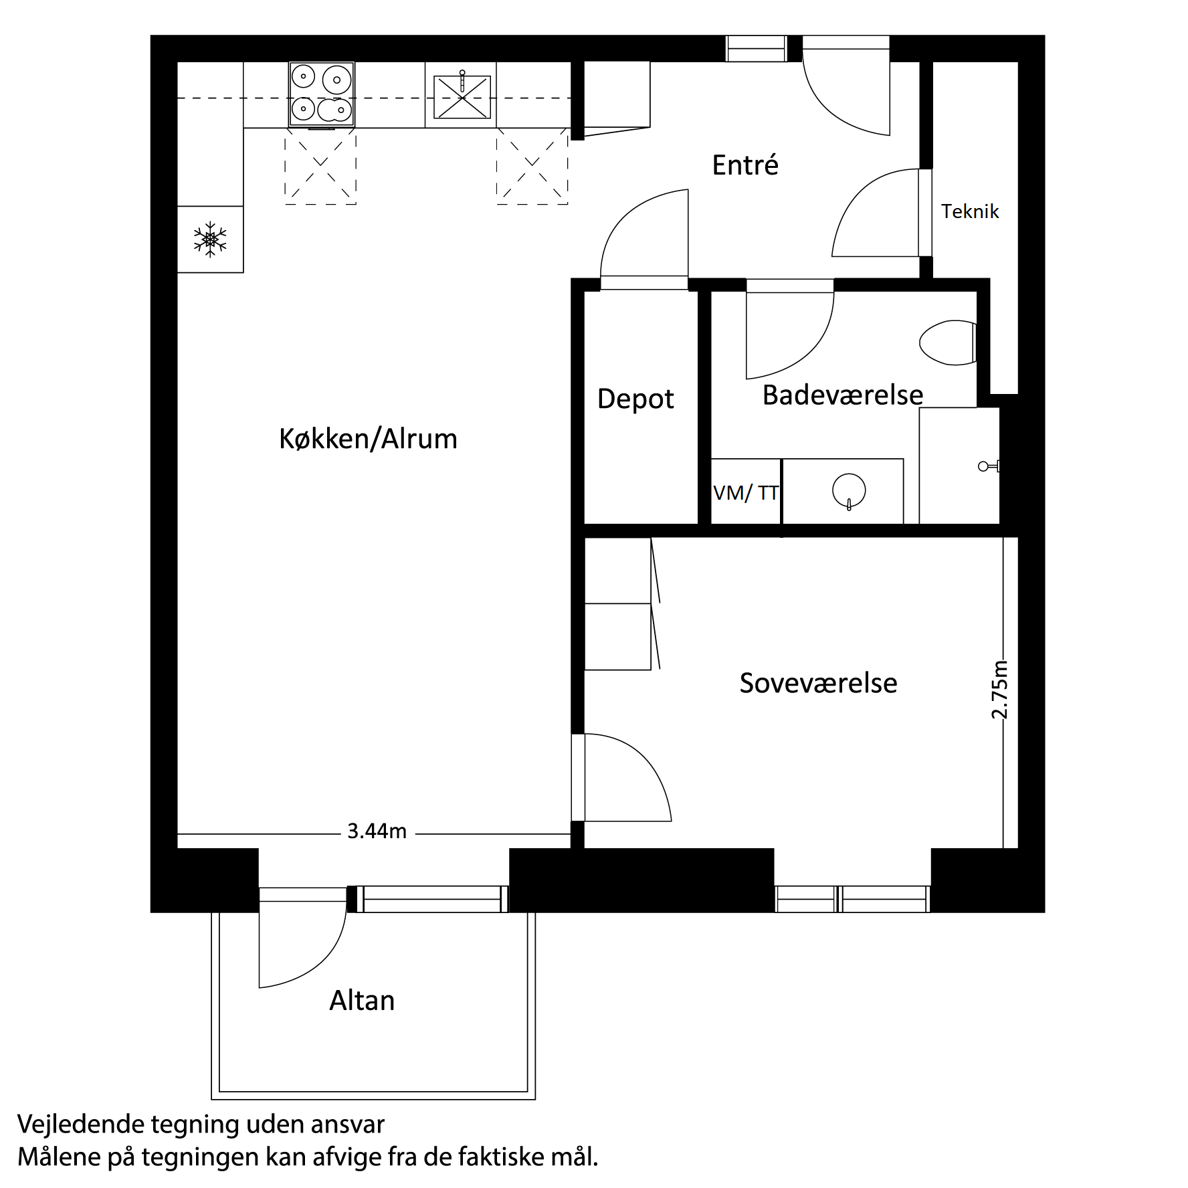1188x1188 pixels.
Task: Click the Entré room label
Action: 745,165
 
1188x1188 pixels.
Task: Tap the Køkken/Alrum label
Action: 368,439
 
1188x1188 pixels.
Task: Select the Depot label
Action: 635,399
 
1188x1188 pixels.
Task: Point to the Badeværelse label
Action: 842,395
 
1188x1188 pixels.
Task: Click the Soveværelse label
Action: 818,683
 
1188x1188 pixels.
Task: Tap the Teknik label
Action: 970,211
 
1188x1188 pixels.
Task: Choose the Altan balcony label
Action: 362,1001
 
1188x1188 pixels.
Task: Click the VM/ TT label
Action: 746,493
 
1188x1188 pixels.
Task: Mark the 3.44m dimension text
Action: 377,831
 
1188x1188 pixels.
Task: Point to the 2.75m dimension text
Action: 999,690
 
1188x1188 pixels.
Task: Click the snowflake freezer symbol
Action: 210,239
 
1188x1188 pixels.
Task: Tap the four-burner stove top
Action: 322,94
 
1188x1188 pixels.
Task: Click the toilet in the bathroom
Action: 947,343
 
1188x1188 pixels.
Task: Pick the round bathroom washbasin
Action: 849,490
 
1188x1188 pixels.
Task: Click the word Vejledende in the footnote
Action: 80,1124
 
